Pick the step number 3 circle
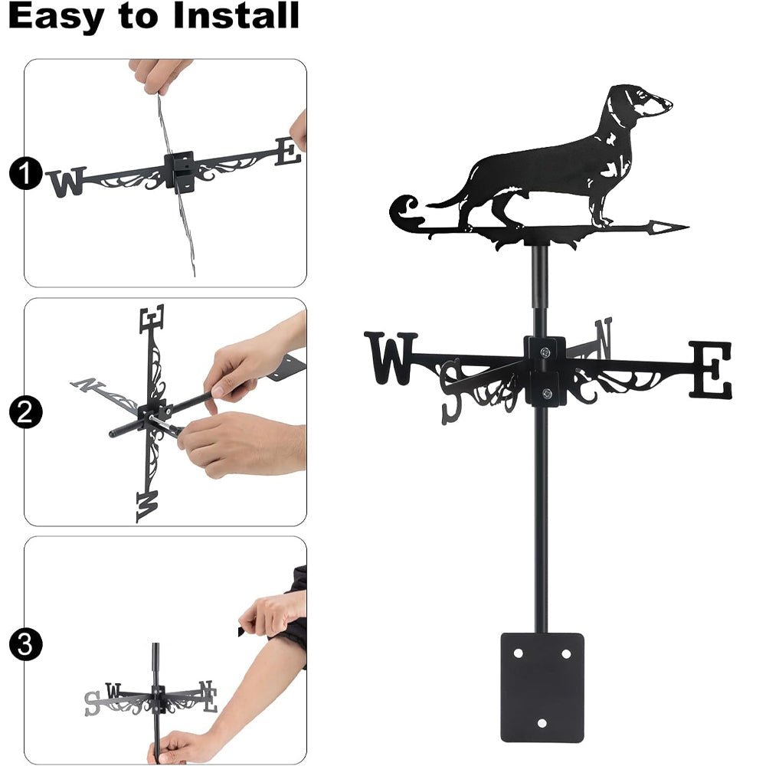tap(25, 644)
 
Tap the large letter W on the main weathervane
tap(391, 357)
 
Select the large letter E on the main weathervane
tap(710, 370)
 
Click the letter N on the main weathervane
tap(604, 337)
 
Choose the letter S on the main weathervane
tap(452, 390)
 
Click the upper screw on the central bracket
tap(545, 352)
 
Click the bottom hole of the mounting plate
tap(542, 722)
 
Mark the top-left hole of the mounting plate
tap(519, 653)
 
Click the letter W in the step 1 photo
tap(67, 182)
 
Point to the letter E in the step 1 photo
tap(288, 151)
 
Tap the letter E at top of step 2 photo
tap(152, 319)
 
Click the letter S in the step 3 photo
tap(93, 701)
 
